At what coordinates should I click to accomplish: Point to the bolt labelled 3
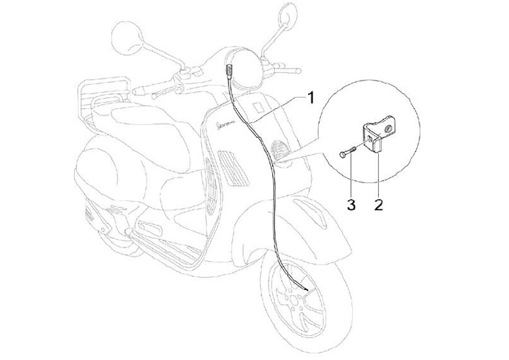[x=349, y=152]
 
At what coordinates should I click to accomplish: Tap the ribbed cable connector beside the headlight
[x=230, y=71]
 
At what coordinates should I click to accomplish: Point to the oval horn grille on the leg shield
[x=276, y=149]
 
